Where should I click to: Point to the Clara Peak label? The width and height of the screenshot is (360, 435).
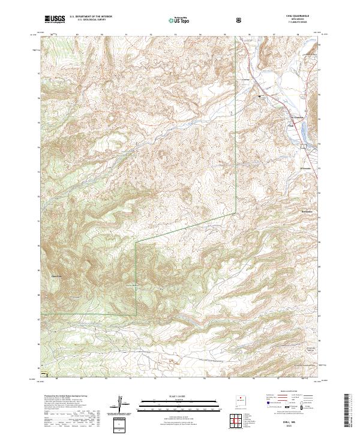tap(57, 277)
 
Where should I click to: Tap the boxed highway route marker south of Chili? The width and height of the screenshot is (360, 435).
tap(303, 145)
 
